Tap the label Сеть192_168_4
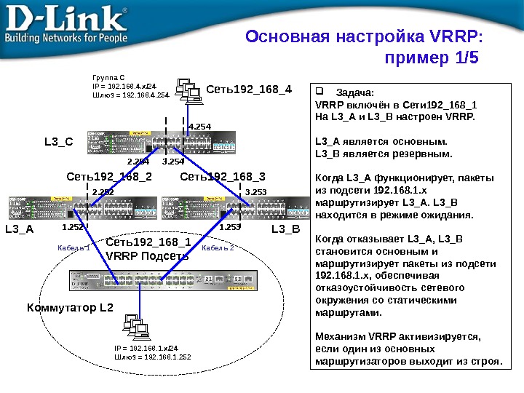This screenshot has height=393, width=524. pyautogui.click(x=249, y=90)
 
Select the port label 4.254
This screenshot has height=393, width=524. pyautogui.click(x=199, y=127)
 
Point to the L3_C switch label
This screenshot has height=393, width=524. pyautogui.click(x=58, y=142)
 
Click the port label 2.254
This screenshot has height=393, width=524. pyautogui.click(x=138, y=161)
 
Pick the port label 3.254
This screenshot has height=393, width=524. pyautogui.click(x=173, y=161)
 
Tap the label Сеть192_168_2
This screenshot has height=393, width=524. pyautogui.click(x=109, y=175)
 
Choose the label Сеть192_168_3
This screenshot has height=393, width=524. pyautogui.click(x=223, y=175)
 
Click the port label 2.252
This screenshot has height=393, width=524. pyautogui.click(x=103, y=191)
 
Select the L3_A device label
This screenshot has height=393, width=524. pyautogui.click(x=20, y=229)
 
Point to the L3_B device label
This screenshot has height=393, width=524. pyautogui.click(x=285, y=229)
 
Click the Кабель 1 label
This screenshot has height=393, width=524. pyautogui.click(x=74, y=248)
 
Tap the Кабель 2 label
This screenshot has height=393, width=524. pyautogui.click(x=218, y=248)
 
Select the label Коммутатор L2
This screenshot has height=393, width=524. pyautogui.click(x=71, y=308)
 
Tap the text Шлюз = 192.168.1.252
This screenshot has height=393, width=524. pyautogui.click(x=152, y=357)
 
